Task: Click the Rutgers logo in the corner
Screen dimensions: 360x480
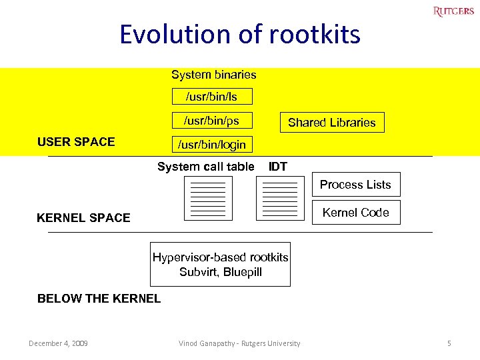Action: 453,11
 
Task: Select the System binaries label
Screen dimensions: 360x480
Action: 213,75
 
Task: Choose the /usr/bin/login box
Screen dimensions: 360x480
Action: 211,144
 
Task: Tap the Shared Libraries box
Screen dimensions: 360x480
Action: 331,123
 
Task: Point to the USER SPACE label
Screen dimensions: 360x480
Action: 76,141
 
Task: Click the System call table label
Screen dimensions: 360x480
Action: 205,167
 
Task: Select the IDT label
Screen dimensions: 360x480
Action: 278,167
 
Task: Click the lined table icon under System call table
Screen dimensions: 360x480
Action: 208,198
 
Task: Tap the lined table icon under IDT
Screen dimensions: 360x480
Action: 280,198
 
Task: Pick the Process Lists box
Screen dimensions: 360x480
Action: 355,185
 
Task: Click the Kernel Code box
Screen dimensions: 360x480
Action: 355,213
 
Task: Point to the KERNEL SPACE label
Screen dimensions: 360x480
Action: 83,218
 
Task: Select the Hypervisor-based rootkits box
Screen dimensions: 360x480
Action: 220,264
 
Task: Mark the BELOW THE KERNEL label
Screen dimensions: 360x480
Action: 99,299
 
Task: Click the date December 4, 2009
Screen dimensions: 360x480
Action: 58,343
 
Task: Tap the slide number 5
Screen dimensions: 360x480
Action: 449,343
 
